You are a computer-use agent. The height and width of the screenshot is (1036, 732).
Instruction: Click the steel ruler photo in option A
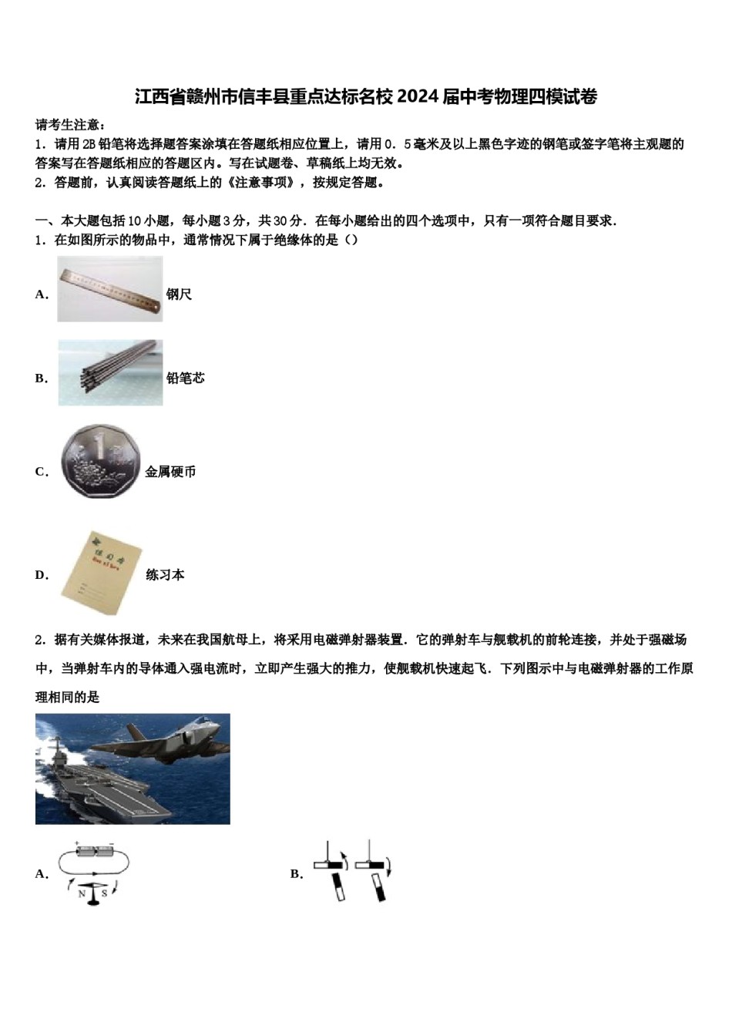pos(110,289)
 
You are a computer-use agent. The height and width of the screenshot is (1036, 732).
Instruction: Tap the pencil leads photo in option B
pos(110,373)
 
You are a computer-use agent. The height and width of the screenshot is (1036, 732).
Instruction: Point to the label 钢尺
pos(179,294)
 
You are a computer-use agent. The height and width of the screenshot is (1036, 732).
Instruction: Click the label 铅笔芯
pos(186,378)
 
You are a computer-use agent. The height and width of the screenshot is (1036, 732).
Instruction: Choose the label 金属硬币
pos(170,472)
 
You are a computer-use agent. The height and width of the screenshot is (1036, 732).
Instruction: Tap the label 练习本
pos(165,575)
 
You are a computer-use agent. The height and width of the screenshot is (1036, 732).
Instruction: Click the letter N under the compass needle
pos(82,894)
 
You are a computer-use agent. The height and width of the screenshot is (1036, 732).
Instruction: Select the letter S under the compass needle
pos(104,894)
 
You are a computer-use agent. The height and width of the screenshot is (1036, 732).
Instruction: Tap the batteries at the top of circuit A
pos(94,852)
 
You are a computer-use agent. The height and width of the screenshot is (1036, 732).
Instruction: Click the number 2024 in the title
pos(418,96)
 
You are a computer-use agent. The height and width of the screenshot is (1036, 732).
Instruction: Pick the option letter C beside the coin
pos(41,472)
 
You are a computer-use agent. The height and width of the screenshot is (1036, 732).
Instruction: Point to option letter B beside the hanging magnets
pos(296,874)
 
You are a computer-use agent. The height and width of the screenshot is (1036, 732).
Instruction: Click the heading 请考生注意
pos(70,125)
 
